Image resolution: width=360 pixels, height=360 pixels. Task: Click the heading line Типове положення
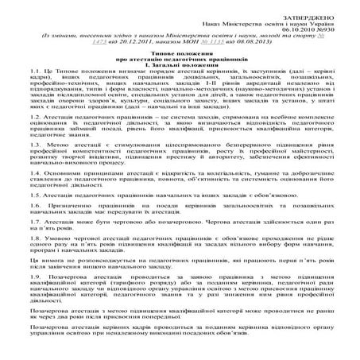(x=179, y=59)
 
